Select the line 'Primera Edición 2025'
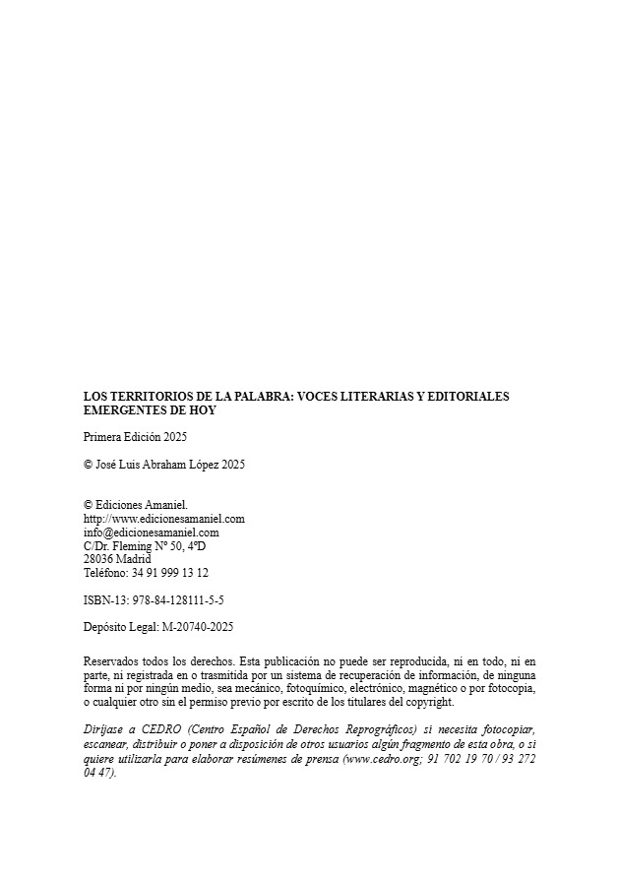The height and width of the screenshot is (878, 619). (x=135, y=437)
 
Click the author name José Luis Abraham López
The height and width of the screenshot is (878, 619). (x=157, y=465)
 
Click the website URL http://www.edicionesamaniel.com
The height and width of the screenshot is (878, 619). (x=164, y=518)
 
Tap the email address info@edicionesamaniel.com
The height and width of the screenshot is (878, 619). (x=152, y=532)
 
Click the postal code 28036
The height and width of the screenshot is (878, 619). (x=97, y=558)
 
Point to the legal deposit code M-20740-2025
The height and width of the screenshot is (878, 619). (x=194, y=627)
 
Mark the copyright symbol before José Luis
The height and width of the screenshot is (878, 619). (x=89, y=465)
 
